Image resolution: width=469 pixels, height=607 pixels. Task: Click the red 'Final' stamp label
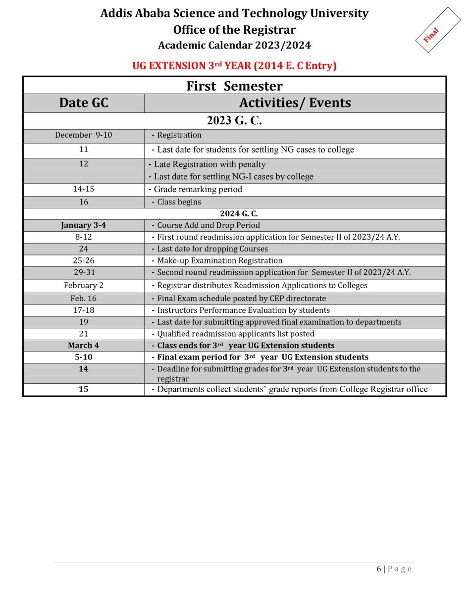click(431, 35)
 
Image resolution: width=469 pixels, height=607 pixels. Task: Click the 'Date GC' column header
click(84, 103)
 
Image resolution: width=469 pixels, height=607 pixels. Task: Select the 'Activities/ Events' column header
click(295, 103)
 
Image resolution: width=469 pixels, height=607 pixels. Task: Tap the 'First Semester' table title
click(234, 86)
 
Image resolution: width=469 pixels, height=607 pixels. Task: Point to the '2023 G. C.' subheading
click(234, 120)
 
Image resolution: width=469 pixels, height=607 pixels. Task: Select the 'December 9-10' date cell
click(84, 135)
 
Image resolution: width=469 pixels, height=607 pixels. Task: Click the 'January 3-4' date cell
click(84, 225)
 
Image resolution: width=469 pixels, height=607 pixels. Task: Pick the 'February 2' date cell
click(84, 286)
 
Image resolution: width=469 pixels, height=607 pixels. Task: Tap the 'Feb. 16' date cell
click(84, 299)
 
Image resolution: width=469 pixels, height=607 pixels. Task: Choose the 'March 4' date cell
click(84, 346)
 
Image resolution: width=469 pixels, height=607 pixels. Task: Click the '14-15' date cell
click(84, 189)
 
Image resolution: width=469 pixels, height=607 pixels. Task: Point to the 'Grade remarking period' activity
click(198, 189)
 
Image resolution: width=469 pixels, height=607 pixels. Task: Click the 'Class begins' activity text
click(179, 202)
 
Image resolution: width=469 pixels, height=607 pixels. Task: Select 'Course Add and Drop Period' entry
click(208, 225)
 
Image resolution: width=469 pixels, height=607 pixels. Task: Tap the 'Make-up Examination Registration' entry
click(219, 261)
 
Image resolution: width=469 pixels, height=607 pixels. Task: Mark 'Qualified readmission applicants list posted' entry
click(235, 334)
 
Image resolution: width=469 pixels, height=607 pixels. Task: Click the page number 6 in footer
click(379, 569)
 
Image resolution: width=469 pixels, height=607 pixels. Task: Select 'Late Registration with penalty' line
click(209, 164)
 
